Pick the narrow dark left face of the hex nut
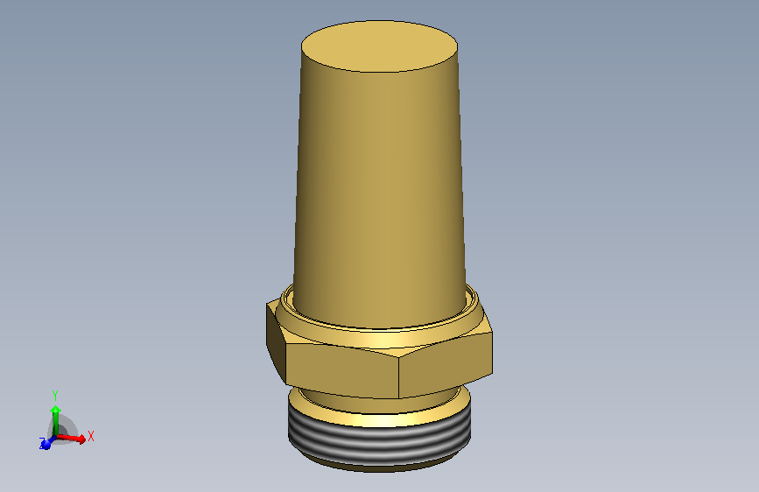tap(276, 344)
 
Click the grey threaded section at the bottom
tap(379, 443)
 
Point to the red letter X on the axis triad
tap(91, 435)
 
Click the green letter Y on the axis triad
tap(54, 395)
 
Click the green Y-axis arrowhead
tap(55, 409)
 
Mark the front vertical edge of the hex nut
tap(400, 376)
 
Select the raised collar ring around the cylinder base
tap(379, 325)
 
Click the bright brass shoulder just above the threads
tap(379, 419)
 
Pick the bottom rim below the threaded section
tap(379, 466)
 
